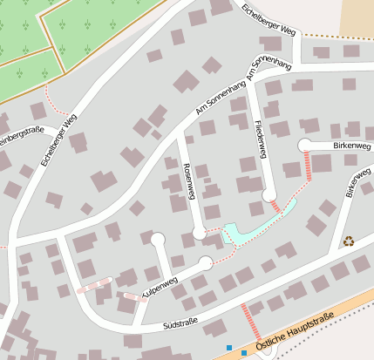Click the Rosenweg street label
pos(188,180)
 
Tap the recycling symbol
pos(349,241)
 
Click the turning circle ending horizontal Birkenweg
pos(305,146)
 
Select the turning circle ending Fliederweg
pos(269,195)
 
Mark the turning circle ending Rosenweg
pos(200,233)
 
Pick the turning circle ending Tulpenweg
pos(205,263)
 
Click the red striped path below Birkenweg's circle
pos(309,166)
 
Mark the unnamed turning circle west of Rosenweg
pos(158,238)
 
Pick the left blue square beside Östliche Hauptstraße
pos(229,348)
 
